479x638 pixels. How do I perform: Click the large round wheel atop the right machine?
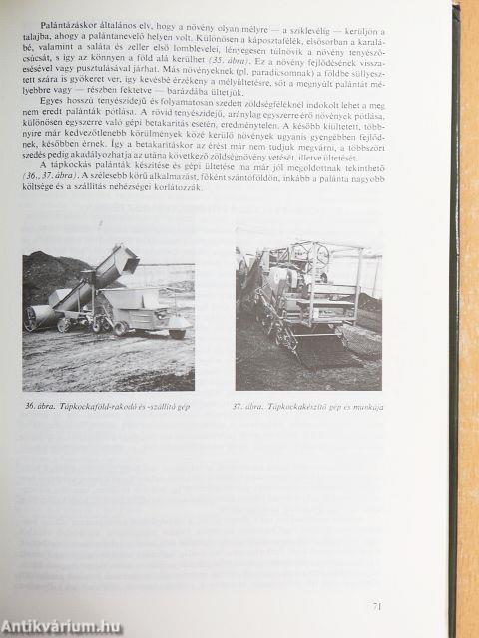point(318,255)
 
